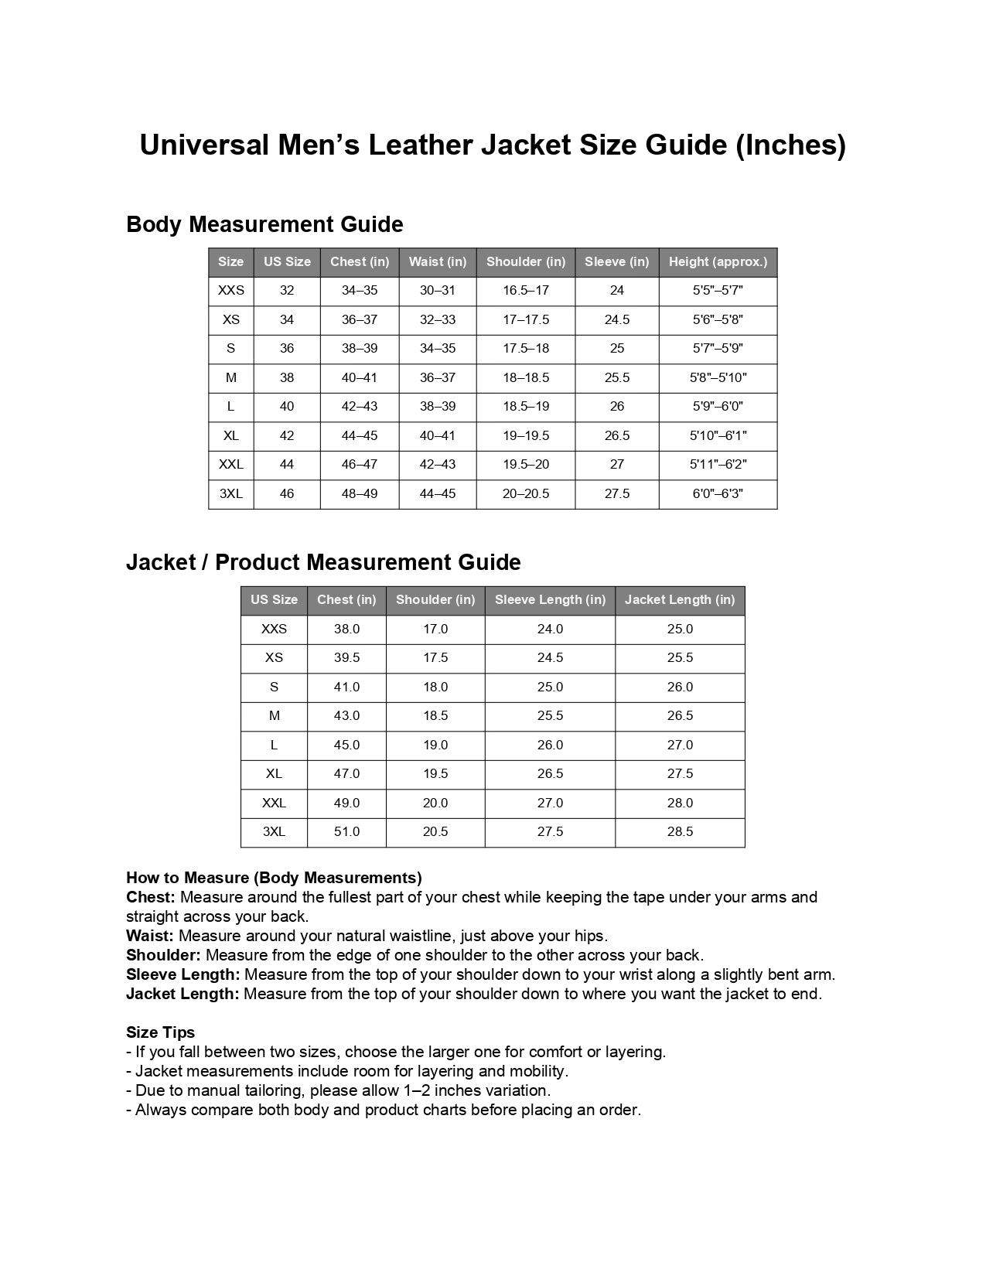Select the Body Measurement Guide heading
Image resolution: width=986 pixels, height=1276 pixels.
(264, 224)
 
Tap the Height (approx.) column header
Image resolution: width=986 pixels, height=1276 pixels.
(718, 261)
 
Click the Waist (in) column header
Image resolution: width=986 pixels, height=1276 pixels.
(438, 261)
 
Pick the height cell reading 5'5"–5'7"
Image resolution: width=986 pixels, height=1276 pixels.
(718, 291)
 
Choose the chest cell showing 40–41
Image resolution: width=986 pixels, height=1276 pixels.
(360, 377)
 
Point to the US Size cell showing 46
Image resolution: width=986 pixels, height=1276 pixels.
(287, 493)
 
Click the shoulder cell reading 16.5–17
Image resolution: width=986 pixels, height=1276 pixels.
(526, 291)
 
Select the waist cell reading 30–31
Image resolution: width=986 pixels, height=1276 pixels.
(438, 291)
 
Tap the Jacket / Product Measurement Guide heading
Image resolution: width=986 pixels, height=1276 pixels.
(323, 562)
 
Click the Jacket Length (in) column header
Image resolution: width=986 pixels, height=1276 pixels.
(680, 599)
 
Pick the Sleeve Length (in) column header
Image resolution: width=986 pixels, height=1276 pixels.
(550, 599)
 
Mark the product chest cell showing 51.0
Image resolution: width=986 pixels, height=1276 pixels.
(346, 832)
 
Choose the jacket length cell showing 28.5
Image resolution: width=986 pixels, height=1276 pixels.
(680, 832)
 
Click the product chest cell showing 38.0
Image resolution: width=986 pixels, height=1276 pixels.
(346, 629)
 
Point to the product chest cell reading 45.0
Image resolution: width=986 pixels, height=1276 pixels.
(346, 745)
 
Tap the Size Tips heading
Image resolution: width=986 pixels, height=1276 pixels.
(161, 1032)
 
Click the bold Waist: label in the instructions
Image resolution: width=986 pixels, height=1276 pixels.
(150, 936)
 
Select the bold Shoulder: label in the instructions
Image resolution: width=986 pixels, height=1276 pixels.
(163, 955)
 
